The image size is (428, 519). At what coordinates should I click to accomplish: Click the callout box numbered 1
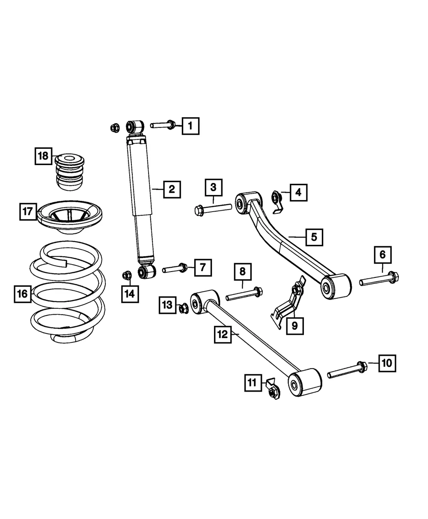point(190,126)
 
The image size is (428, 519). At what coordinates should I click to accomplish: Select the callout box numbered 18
point(43,156)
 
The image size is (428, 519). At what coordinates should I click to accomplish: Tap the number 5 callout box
point(314,237)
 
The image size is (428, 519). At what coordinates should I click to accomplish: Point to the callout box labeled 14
point(130,294)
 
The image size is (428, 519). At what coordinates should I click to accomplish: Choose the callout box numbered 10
point(387,363)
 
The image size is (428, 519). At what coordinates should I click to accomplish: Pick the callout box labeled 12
point(223,335)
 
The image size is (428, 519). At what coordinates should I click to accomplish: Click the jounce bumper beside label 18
point(69,172)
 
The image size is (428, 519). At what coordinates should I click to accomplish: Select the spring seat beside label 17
point(69,217)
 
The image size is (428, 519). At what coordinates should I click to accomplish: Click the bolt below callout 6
point(379,278)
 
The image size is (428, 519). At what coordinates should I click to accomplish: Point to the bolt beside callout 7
point(175,268)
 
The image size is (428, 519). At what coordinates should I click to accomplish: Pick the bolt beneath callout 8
point(244,294)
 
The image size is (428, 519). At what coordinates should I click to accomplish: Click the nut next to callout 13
point(184,308)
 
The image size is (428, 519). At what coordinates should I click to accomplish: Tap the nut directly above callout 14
point(127,275)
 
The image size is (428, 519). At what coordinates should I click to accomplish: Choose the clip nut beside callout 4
point(277,202)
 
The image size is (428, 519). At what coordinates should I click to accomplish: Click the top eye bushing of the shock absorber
point(135,127)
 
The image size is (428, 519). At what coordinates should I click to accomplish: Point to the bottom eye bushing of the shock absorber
point(147,271)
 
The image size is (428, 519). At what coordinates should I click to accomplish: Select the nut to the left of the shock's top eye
point(115,128)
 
